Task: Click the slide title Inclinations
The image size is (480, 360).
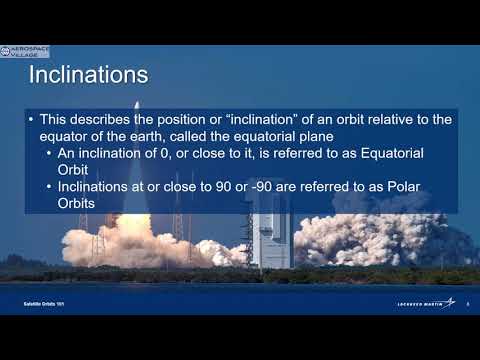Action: [x=89, y=76]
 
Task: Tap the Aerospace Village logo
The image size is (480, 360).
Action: [x=24, y=51]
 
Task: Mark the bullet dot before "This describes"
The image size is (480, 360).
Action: [x=32, y=120]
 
